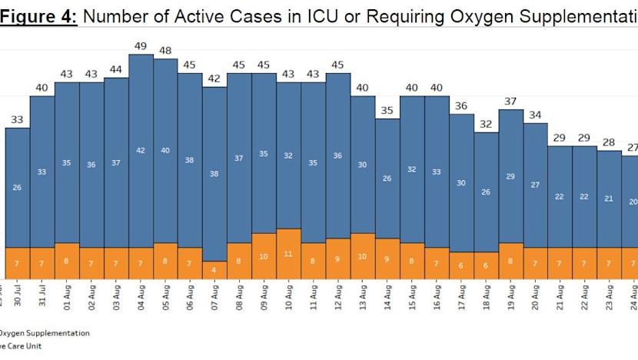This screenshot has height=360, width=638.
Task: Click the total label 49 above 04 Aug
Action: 141,46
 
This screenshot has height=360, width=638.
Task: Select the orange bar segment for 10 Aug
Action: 288,253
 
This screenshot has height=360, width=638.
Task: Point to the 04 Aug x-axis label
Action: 141,295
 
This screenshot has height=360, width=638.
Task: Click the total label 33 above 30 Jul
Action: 18,119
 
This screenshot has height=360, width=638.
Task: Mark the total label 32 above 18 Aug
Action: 486,124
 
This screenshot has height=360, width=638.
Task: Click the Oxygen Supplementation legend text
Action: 44,333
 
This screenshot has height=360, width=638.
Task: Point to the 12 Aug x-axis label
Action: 338,295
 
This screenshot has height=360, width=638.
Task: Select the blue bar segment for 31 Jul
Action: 42,172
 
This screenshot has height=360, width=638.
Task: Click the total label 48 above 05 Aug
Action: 165,51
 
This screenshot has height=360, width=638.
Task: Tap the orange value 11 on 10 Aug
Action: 288,253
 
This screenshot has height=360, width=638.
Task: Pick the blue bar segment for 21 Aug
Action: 560,196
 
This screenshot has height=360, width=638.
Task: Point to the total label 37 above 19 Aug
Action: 510,101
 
